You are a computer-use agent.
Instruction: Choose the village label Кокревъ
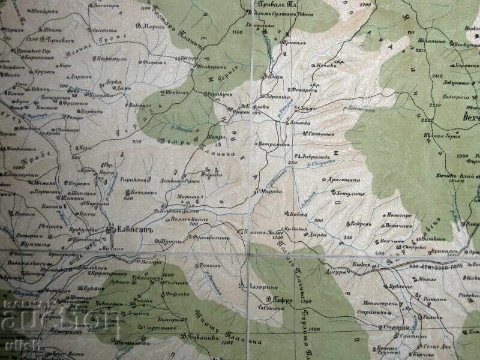(x=361, y=224)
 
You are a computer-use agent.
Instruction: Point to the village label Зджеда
(x=299, y=122)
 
